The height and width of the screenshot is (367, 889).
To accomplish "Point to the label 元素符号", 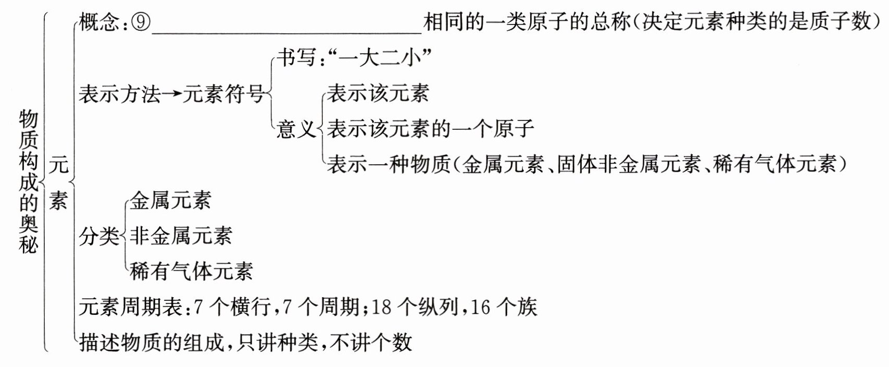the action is [x=223, y=94].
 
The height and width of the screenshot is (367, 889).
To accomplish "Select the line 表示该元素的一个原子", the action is [x=430, y=129].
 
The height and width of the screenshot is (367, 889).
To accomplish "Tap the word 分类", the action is [x=99, y=236].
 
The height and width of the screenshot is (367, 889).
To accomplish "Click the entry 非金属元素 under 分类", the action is [x=181, y=236].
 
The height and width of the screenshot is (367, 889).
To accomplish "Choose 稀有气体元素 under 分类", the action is [x=191, y=271].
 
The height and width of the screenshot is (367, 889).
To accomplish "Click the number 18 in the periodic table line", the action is [x=381, y=307].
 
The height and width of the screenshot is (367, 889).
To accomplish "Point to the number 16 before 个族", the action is [x=480, y=307].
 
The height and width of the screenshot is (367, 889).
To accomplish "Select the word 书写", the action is [x=296, y=58].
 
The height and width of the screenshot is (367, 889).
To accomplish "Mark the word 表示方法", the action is [x=119, y=94].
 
